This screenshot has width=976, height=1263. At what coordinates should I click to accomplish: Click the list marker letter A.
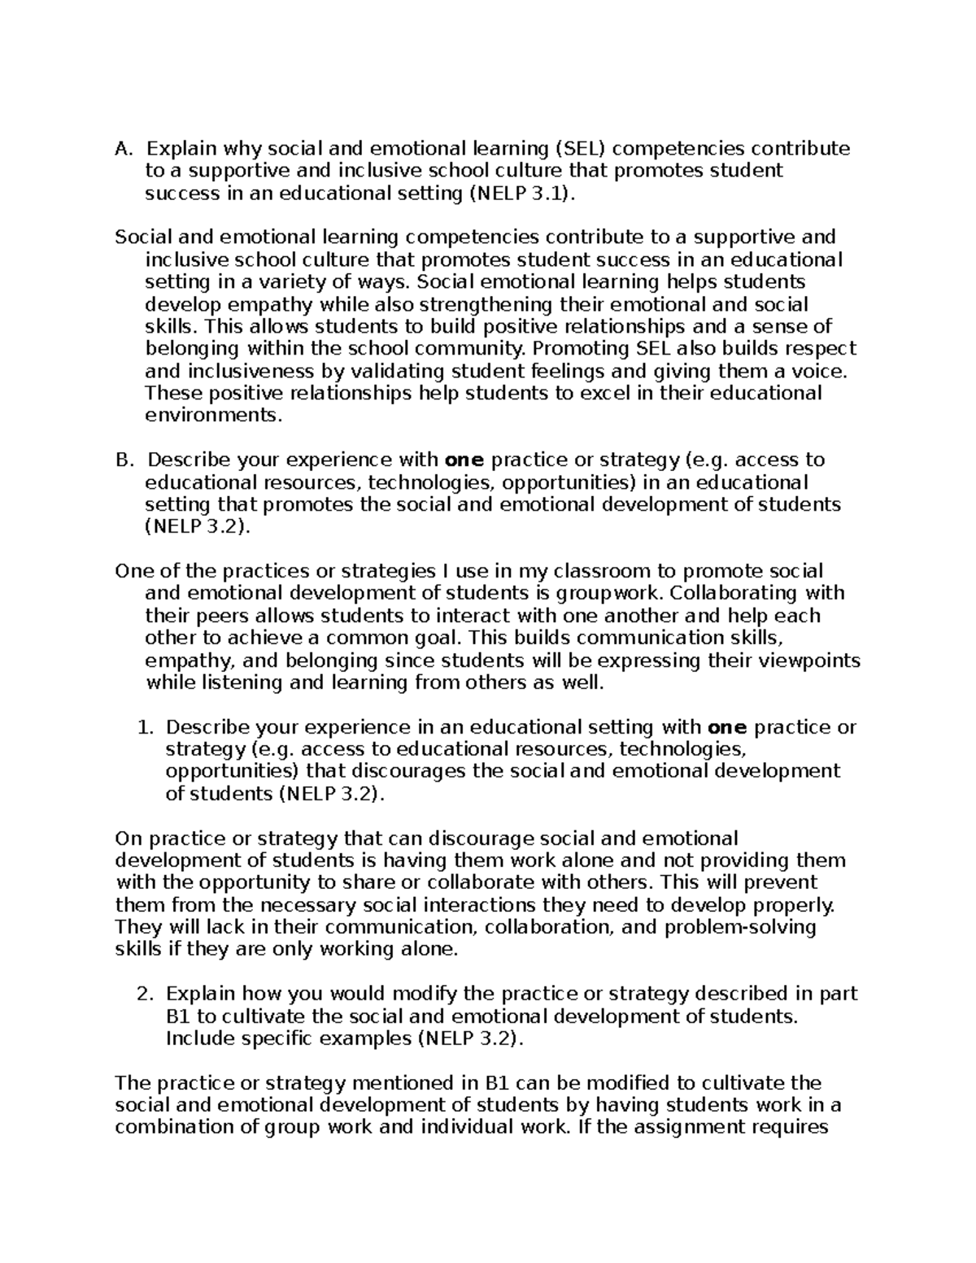click(123, 149)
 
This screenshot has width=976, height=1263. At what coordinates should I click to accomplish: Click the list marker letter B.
click(123, 460)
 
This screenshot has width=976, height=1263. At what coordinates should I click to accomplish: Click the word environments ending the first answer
click(213, 416)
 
